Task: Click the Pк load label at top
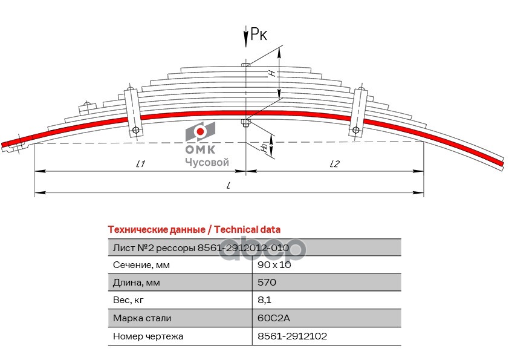[x=259, y=36]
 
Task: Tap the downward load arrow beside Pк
[x=245, y=38]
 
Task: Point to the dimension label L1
[x=140, y=163]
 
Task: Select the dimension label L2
[x=335, y=163]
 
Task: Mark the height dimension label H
[x=273, y=73]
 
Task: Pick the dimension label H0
[x=264, y=147]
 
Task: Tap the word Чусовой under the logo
[x=206, y=162]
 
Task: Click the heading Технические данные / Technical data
[x=193, y=229]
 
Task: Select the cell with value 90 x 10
[x=273, y=265]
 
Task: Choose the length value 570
[x=267, y=283]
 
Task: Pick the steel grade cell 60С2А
[x=270, y=318]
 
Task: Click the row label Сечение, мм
[x=141, y=265]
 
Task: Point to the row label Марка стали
[x=141, y=318]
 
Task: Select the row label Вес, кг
[x=129, y=300]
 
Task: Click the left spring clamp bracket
[x=132, y=113]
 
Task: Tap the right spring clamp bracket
[x=358, y=113]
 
